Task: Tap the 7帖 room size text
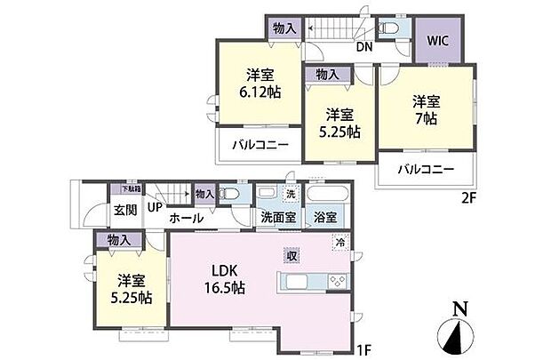(426, 117)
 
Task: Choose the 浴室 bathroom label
(324, 218)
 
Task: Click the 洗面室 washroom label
(278, 218)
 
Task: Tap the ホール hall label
(187, 218)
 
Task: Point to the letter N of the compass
(459, 309)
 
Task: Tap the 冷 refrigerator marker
(339, 241)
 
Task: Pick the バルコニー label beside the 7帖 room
(426, 169)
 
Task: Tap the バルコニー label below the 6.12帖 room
(260, 144)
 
